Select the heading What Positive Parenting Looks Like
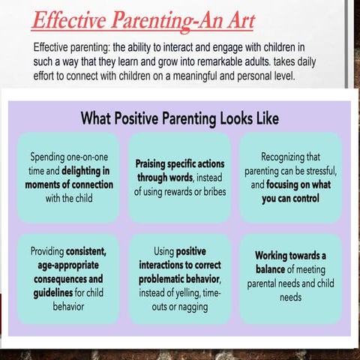coord(179,118)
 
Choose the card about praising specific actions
coord(179,178)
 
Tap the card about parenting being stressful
coord(290,178)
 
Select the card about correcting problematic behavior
coord(179,278)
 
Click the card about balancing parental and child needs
coord(290,277)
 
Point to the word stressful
coord(317,171)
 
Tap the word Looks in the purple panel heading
coord(224,118)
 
